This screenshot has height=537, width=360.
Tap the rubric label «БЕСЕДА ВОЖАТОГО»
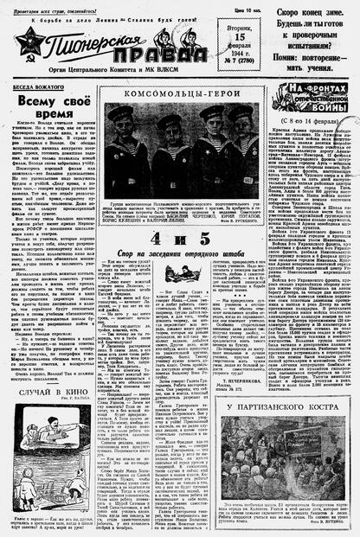point(40,88)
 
